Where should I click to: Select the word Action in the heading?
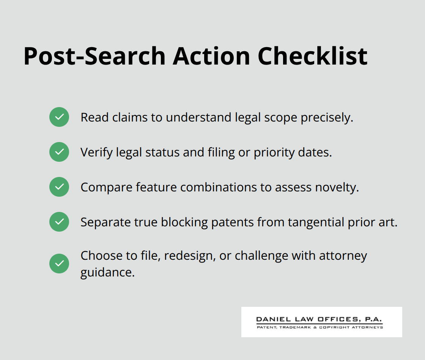click(211, 56)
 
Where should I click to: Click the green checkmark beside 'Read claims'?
click(59, 117)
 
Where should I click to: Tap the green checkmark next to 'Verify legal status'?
click(59, 152)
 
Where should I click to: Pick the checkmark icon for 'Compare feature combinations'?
click(59, 187)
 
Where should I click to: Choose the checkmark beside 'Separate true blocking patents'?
click(59, 222)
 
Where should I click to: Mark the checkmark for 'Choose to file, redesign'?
click(59, 264)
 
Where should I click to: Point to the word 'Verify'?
click(93, 152)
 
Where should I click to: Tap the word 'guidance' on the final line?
click(107, 272)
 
